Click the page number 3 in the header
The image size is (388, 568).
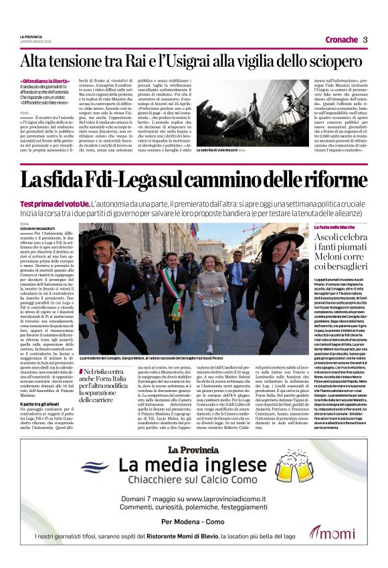click(365, 39)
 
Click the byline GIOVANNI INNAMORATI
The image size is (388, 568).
click(37, 227)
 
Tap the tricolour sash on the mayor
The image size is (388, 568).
click(176, 294)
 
